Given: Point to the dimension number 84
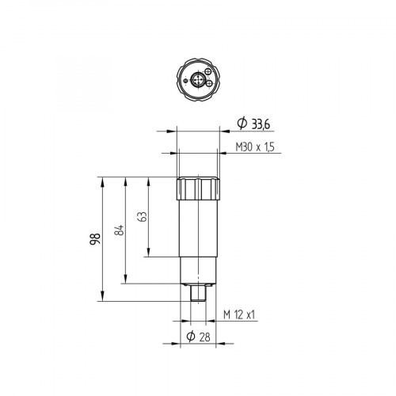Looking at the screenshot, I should tap(119, 230).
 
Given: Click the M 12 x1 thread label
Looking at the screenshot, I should tap(240, 314).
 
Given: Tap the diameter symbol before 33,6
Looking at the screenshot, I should tap(242, 123).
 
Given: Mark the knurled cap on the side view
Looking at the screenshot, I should tap(198, 189).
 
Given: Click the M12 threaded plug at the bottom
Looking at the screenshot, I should tap(198, 293).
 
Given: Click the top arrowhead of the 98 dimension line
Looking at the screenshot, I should tap(103, 179).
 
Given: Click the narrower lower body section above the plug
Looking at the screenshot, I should tap(198, 269).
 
